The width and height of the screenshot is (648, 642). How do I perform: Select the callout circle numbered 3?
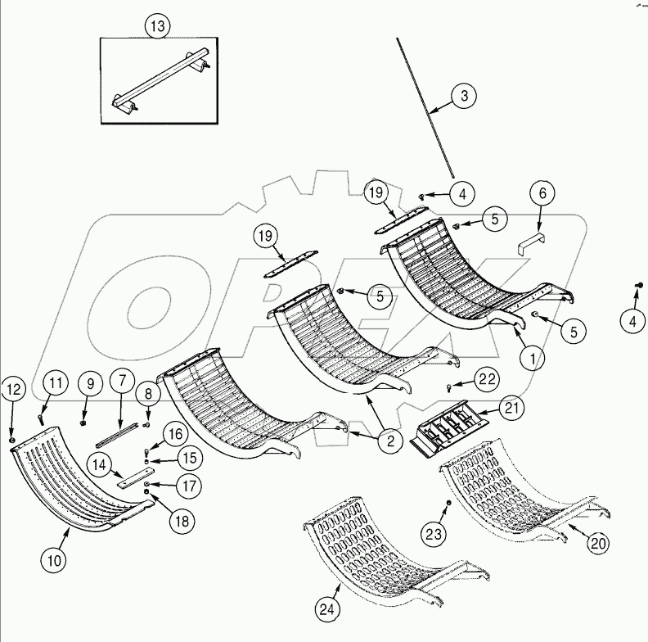(x=463, y=97)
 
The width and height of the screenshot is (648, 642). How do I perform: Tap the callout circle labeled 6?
(x=542, y=194)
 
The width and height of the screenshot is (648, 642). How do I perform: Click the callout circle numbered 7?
(x=122, y=382)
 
